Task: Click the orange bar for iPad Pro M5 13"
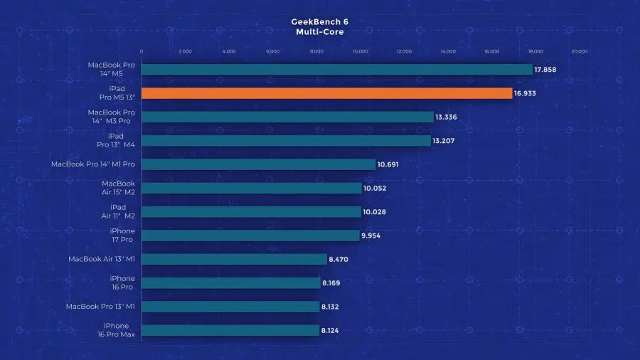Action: coord(327,93)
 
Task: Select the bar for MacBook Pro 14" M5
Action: coord(337,70)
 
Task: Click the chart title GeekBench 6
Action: coord(319,21)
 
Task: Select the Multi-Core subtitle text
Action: coord(319,32)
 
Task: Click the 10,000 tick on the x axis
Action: coord(361,51)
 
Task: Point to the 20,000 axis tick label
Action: coord(580,51)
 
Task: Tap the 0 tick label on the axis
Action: coord(142,51)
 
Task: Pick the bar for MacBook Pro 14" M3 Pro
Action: coord(287,117)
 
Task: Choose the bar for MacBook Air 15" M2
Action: coord(252,188)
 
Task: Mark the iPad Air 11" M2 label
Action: coord(117,211)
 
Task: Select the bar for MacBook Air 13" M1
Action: coord(234,259)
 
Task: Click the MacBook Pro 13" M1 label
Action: coord(100,307)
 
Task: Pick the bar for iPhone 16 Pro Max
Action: coord(230,330)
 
